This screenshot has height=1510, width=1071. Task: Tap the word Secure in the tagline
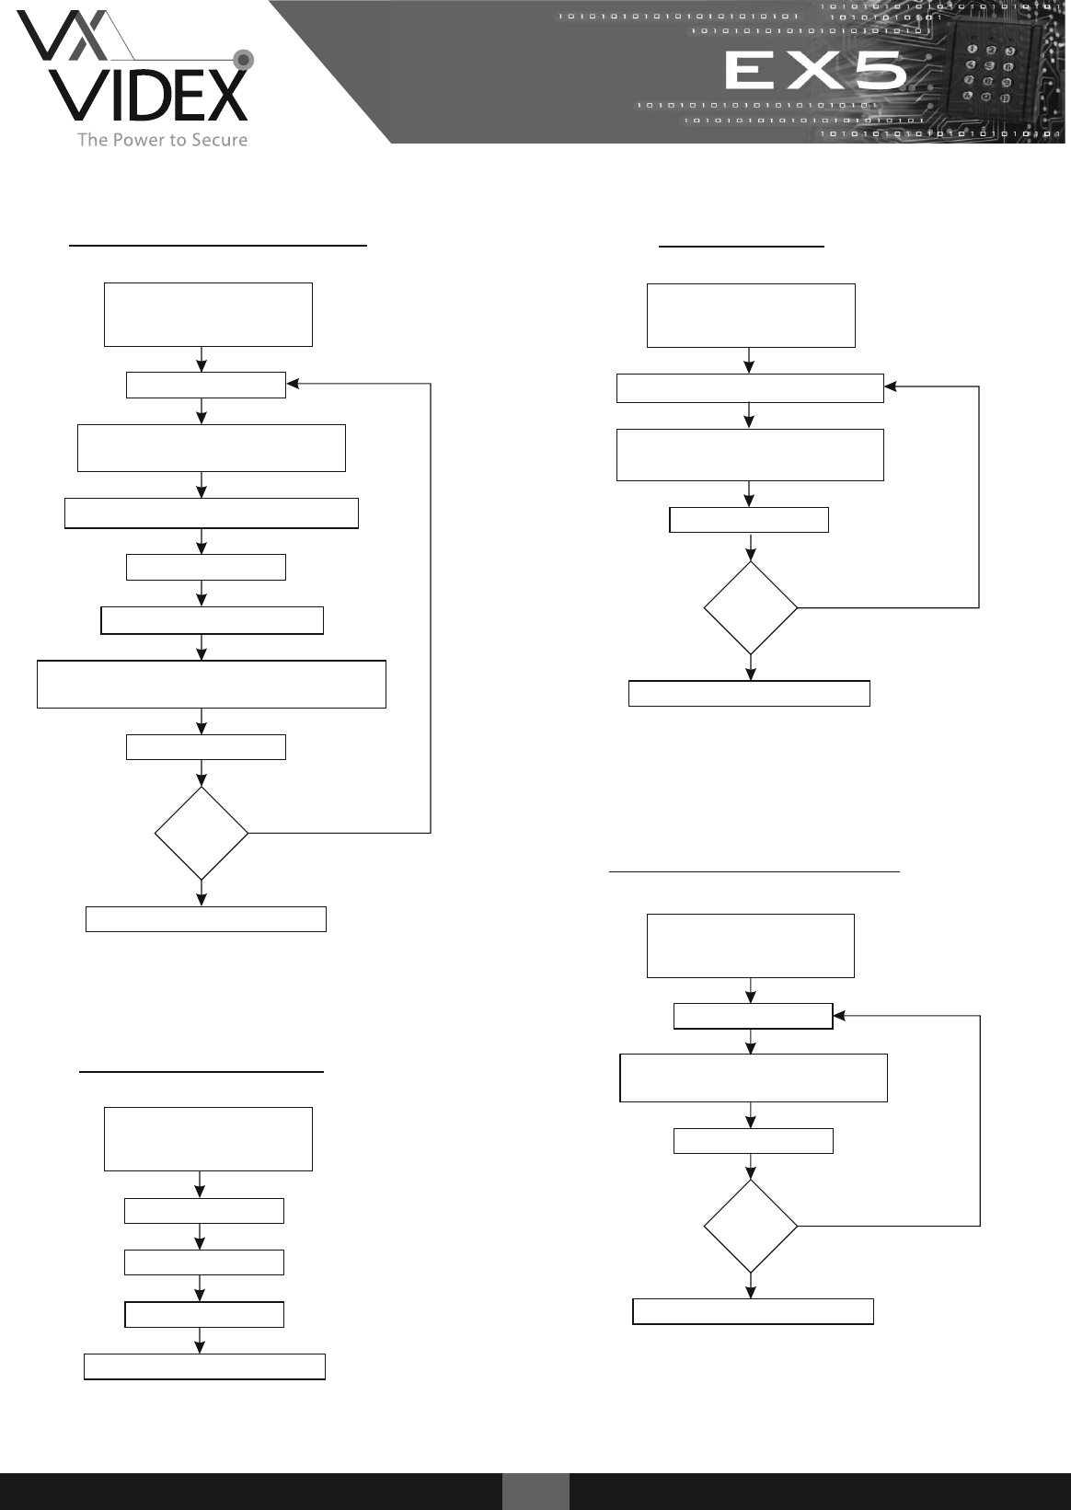click(x=218, y=140)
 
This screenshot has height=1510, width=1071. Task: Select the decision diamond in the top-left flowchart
click(x=202, y=834)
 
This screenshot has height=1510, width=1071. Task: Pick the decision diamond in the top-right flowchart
click(x=751, y=607)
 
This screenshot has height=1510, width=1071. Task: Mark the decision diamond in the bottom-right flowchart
click(x=751, y=1226)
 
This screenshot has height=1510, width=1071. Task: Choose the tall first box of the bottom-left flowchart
click(x=208, y=1139)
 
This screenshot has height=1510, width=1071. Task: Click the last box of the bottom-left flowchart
click(x=204, y=1366)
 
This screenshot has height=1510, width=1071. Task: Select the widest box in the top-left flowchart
click(x=211, y=684)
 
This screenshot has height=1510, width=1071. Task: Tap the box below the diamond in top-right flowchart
click(x=749, y=693)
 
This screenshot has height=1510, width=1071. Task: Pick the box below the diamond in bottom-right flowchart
click(x=753, y=1311)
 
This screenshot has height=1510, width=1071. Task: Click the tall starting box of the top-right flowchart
click(x=751, y=316)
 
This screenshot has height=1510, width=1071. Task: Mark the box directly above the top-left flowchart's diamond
click(x=205, y=747)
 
